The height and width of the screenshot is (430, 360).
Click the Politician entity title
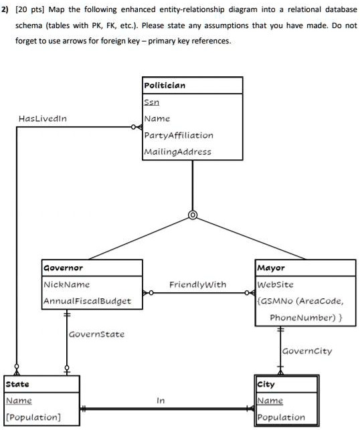pyautogui.click(x=165, y=86)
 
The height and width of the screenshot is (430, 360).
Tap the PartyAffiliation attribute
pyautogui.click(x=179, y=135)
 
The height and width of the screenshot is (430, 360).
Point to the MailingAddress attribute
pyautogui.click(x=177, y=151)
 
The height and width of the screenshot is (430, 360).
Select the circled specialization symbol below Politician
pyautogui.click(x=193, y=215)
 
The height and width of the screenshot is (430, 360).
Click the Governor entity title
pyautogui.click(x=64, y=268)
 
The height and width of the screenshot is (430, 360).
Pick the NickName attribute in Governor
pyautogui.click(x=67, y=285)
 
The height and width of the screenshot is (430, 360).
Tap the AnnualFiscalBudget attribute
pyautogui.click(x=87, y=301)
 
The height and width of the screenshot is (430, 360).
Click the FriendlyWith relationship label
pyautogui.click(x=197, y=285)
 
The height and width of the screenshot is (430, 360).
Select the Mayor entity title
pyautogui.click(x=271, y=268)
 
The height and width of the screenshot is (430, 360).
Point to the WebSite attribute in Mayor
pyautogui.click(x=276, y=285)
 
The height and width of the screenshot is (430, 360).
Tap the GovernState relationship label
pyautogui.click(x=95, y=333)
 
